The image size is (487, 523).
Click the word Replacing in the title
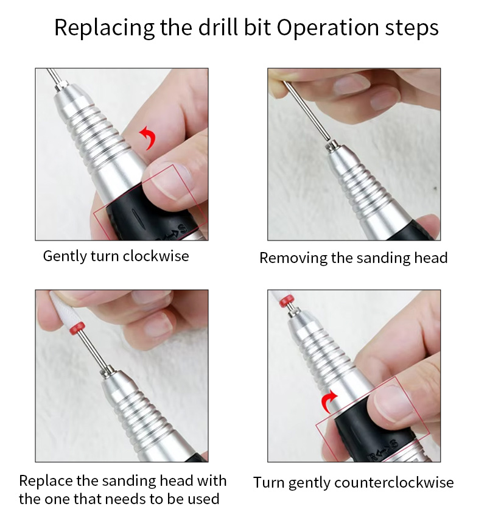tap(104, 28)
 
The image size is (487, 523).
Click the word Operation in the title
tap(328, 28)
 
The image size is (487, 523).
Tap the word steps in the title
tap(412, 29)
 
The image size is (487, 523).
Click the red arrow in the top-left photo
tap(147, 138)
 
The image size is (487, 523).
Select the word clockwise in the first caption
tap(156, 256)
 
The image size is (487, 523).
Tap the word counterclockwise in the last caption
tap(394, 483)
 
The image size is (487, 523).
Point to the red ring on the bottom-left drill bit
tap(77, 329)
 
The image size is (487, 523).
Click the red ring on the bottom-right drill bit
tap(287, 301)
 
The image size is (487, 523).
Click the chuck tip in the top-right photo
tap(331, 146)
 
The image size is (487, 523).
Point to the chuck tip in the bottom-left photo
tap(107, 371)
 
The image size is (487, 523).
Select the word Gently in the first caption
tap(65, 257)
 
